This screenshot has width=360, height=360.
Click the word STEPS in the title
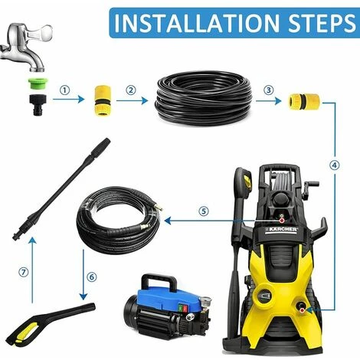322,23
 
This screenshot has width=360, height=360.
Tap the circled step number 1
65,90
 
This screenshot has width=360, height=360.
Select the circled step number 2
131,90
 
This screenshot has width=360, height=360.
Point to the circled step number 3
268,90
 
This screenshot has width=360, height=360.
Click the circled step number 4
335,165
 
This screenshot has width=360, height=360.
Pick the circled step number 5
204,211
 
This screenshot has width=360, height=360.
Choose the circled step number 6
92,277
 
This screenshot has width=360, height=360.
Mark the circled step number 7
24,272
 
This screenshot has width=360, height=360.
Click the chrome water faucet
27,47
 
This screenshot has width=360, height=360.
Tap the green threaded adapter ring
38,84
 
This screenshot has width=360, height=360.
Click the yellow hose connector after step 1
103,101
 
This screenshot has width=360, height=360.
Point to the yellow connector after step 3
304,101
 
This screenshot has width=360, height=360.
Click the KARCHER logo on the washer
281,229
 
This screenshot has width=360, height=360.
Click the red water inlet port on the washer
302,310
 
